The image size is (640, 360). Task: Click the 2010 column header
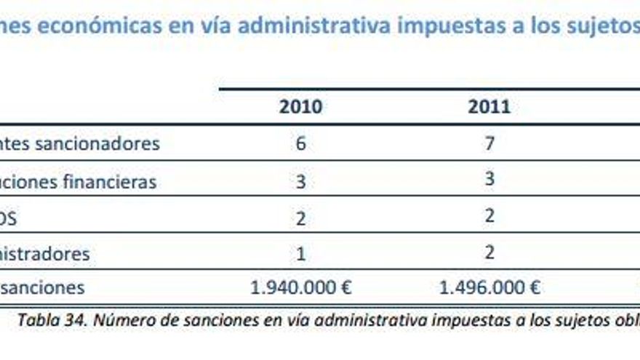[300, 107]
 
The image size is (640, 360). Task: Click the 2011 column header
[489, 107]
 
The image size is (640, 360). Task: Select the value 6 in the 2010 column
[300, 143]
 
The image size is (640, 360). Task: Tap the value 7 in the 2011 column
[489, 143]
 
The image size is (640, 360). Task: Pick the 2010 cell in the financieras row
[300, 181]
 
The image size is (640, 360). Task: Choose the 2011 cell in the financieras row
[489, 179]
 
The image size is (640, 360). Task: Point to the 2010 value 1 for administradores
[300, 254]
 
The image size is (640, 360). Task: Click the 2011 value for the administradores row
[489, 252]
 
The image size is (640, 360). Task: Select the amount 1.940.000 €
[300, 287]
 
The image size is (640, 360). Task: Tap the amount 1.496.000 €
[489, 287]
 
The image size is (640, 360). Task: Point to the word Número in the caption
[119, 320]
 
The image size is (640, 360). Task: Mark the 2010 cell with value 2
[300, 218]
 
